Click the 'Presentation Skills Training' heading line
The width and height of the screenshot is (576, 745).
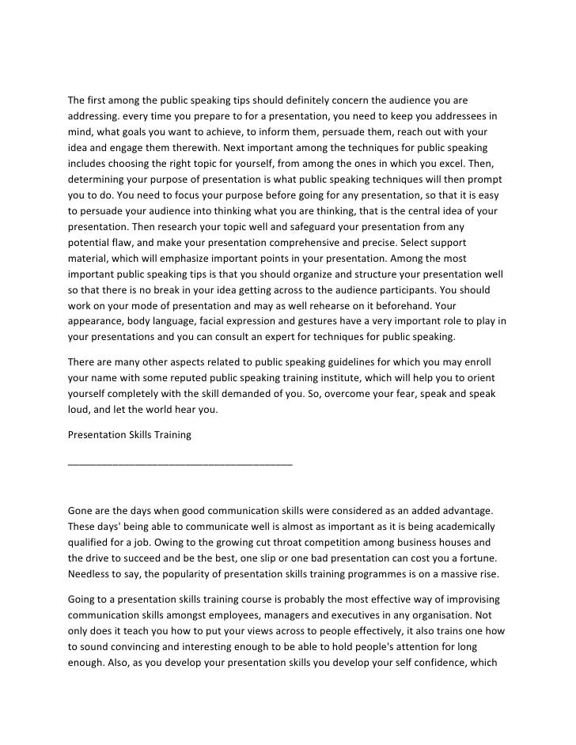click(129, 434)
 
